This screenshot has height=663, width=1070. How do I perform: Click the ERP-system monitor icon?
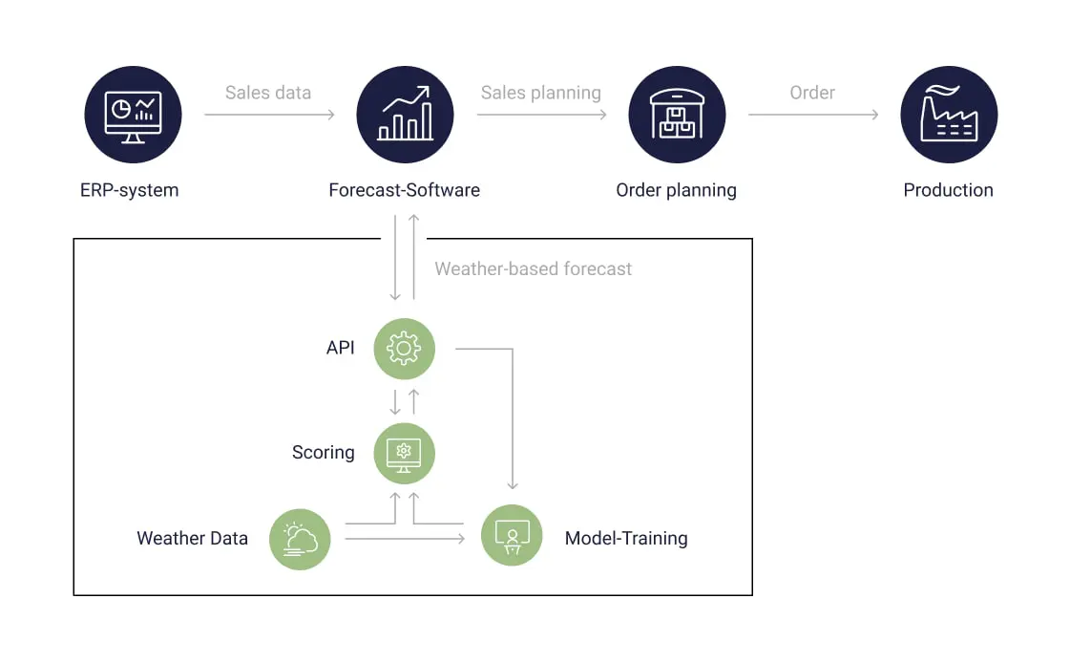[x=133, y=115]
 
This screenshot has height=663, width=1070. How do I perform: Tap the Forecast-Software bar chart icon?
[x=405, y=115]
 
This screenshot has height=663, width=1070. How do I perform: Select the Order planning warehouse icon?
[x=677, y=115]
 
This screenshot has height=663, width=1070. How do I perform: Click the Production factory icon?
[x=949, y=115]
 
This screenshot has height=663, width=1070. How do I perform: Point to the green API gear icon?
[x=404, y=349]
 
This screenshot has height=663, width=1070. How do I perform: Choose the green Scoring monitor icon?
[x=404, y=453]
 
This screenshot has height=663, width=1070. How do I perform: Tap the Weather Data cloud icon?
[x=300, y=539]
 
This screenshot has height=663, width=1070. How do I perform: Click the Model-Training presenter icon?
[x=512, y=536]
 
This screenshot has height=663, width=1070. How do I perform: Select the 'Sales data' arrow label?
[x=268, y=93]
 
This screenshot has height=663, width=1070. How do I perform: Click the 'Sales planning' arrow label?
[x=541, y=93]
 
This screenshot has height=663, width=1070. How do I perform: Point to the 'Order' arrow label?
[x=812, y=93]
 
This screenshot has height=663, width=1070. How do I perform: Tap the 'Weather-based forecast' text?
[x=534, y=269]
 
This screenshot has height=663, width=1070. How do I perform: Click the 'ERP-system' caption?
[x=130, y=190]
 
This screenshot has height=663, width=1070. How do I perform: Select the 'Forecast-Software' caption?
[x=405, y=190]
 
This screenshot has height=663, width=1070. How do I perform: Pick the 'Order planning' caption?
[x=677, y=190]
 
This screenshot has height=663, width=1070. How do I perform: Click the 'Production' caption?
[x=949, y=190]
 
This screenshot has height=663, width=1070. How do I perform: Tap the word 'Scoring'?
[x=324, y=453]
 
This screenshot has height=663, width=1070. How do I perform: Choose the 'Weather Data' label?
[x=193, y=539]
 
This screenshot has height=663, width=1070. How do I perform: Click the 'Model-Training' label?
[x=626, y=539]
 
